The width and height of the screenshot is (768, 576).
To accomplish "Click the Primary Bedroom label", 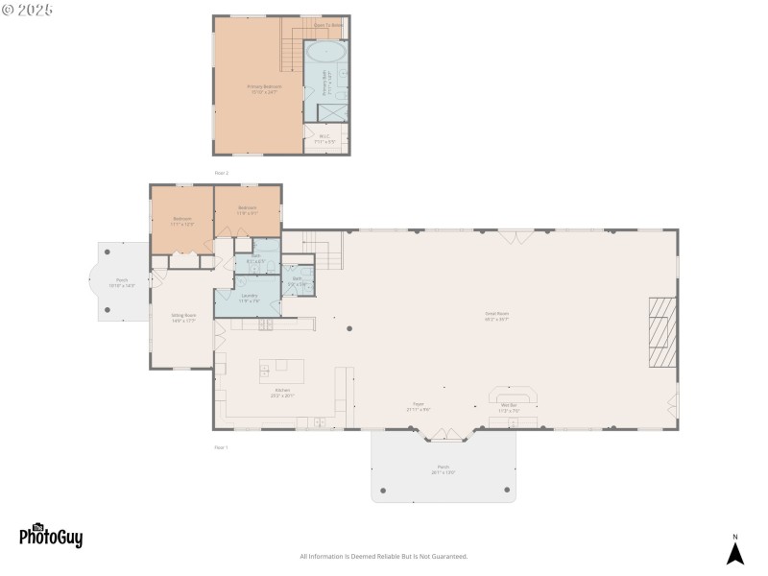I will click(264, 88).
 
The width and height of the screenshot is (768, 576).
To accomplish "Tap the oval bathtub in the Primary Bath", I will click(326, 53).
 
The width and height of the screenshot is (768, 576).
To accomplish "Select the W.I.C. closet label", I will click(325, 138).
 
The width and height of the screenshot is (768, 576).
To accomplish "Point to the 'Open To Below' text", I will click(328, 24).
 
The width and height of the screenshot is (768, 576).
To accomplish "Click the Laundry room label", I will click(248, 298).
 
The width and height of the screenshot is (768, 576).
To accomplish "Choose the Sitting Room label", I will click(183, 317).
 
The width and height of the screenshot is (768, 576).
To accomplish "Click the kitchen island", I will click(281, 372).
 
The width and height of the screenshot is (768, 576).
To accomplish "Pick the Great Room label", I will click(496, 316).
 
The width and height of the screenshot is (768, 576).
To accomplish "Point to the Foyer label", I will click(419, 406).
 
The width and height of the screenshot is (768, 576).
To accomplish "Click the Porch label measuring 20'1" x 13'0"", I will click(443, 468).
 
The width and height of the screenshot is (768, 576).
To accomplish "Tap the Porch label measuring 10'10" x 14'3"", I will click(122, 282).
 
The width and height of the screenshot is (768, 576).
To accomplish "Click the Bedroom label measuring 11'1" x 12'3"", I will click(183, 221).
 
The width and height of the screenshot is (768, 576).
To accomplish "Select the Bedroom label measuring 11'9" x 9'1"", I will click(247, 209).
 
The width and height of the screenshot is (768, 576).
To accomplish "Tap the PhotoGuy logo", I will click(51, 536).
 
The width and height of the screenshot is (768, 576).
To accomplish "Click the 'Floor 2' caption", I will click(221, 173).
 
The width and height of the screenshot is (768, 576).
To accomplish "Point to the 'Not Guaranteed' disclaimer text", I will click(384, 556).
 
